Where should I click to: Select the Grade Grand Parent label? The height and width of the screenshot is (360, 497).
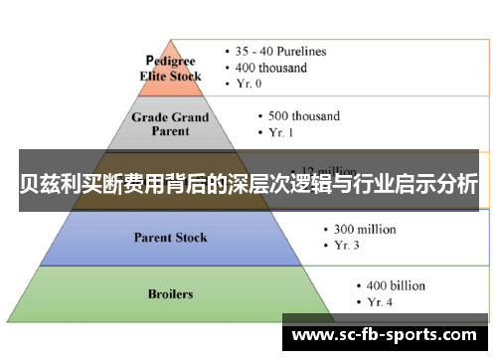[x=171, y=124]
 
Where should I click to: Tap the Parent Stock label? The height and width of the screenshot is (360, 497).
[x=171, y=238]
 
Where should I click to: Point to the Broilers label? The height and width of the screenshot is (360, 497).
[x=171, y=294]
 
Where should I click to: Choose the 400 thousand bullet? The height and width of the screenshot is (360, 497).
[x=271, y=68]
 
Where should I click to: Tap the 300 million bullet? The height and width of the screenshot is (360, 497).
[x=364, y=229]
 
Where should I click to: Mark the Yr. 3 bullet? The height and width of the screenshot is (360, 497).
[x=344, y=246]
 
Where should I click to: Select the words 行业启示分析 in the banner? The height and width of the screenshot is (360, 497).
[x=416, y=184]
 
